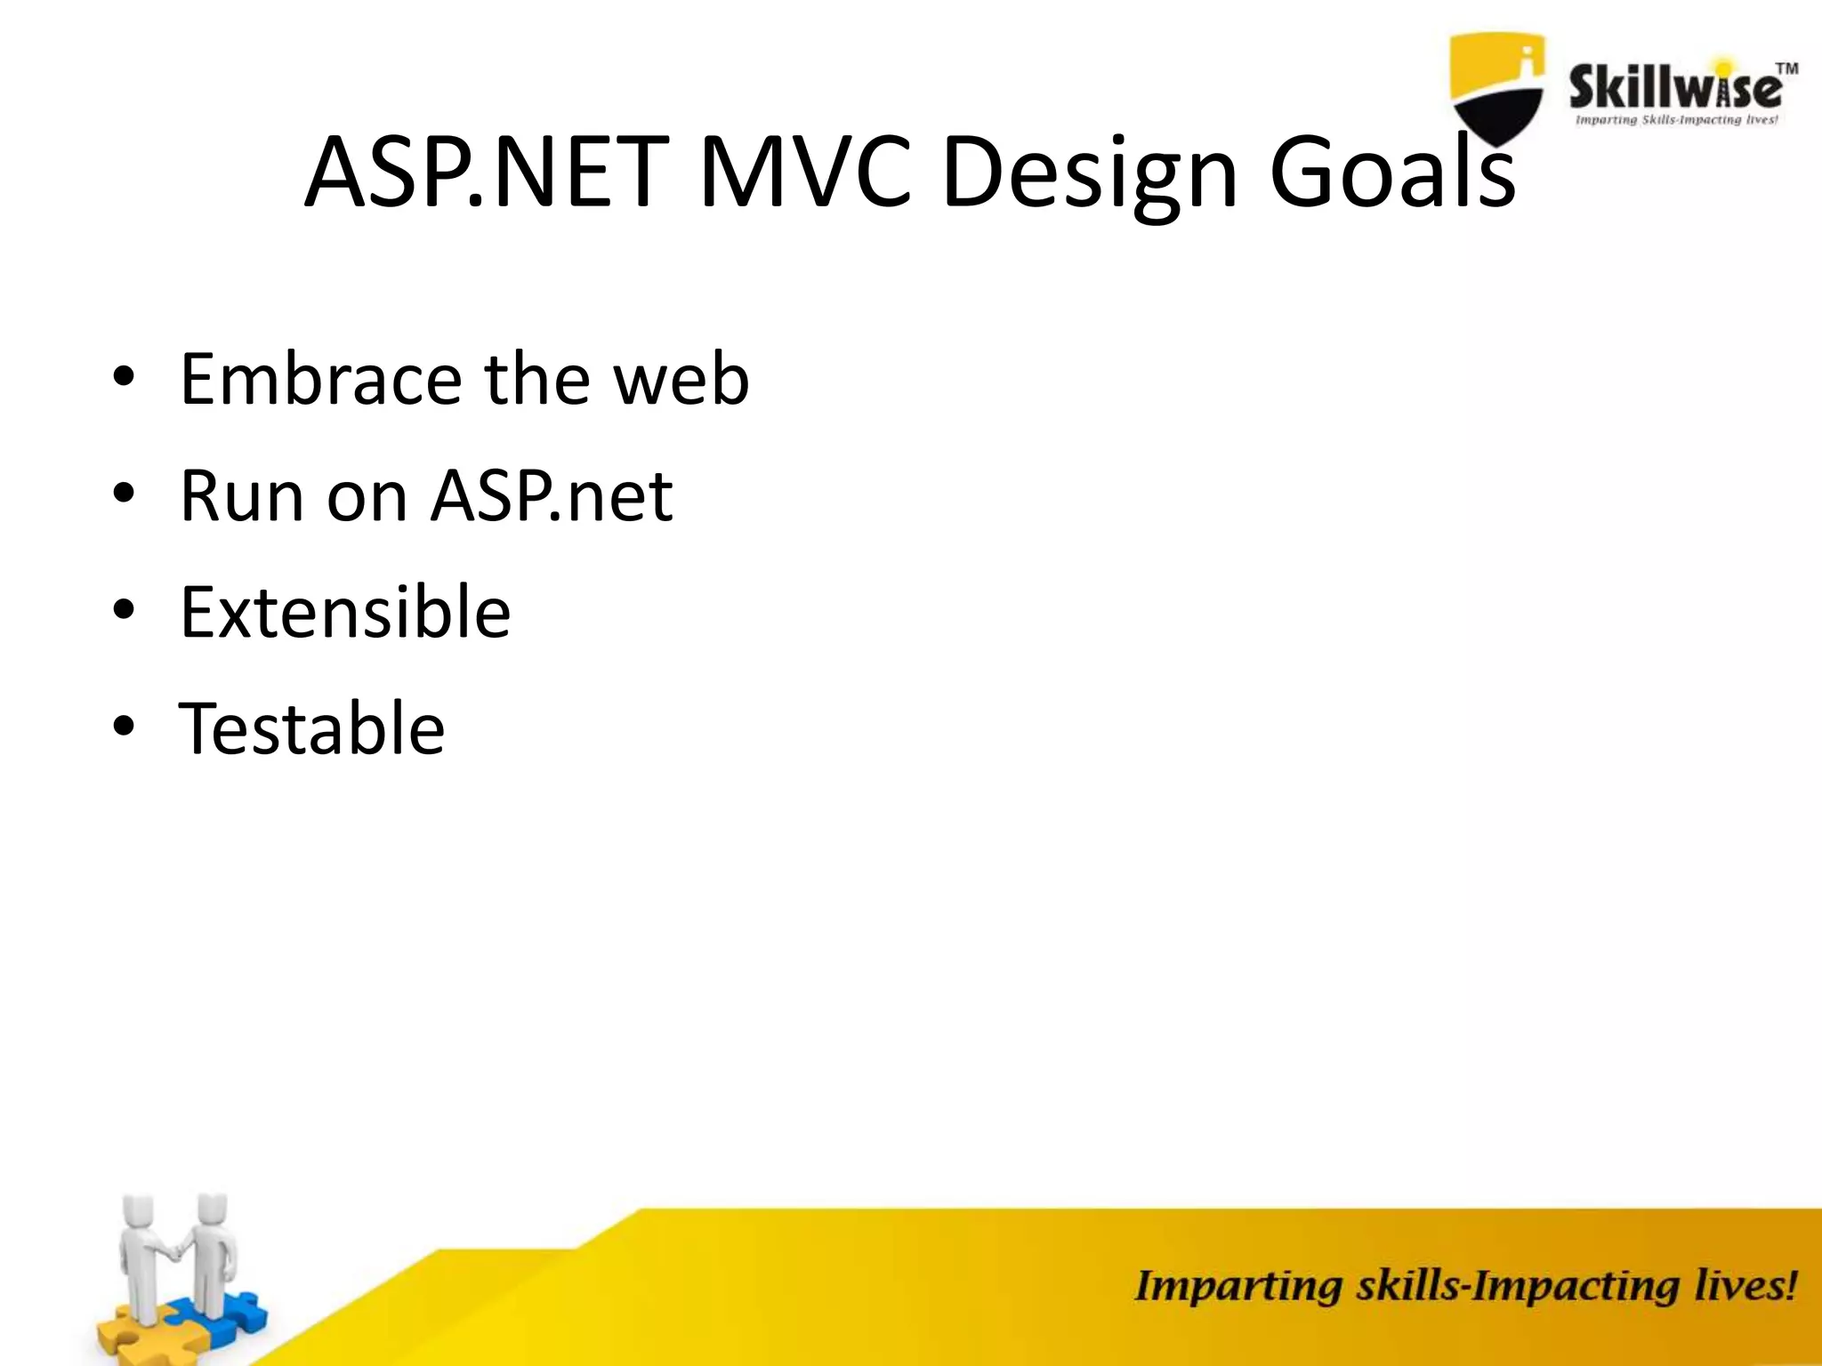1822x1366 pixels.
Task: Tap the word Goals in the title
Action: (1391, 172)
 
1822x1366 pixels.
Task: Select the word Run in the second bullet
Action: (238, 495)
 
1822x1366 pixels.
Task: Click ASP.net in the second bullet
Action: (552, 495)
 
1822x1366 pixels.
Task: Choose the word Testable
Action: (311, 728)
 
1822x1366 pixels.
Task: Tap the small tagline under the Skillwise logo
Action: (1676, 120)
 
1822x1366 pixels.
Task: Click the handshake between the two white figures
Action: (176, 1252)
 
